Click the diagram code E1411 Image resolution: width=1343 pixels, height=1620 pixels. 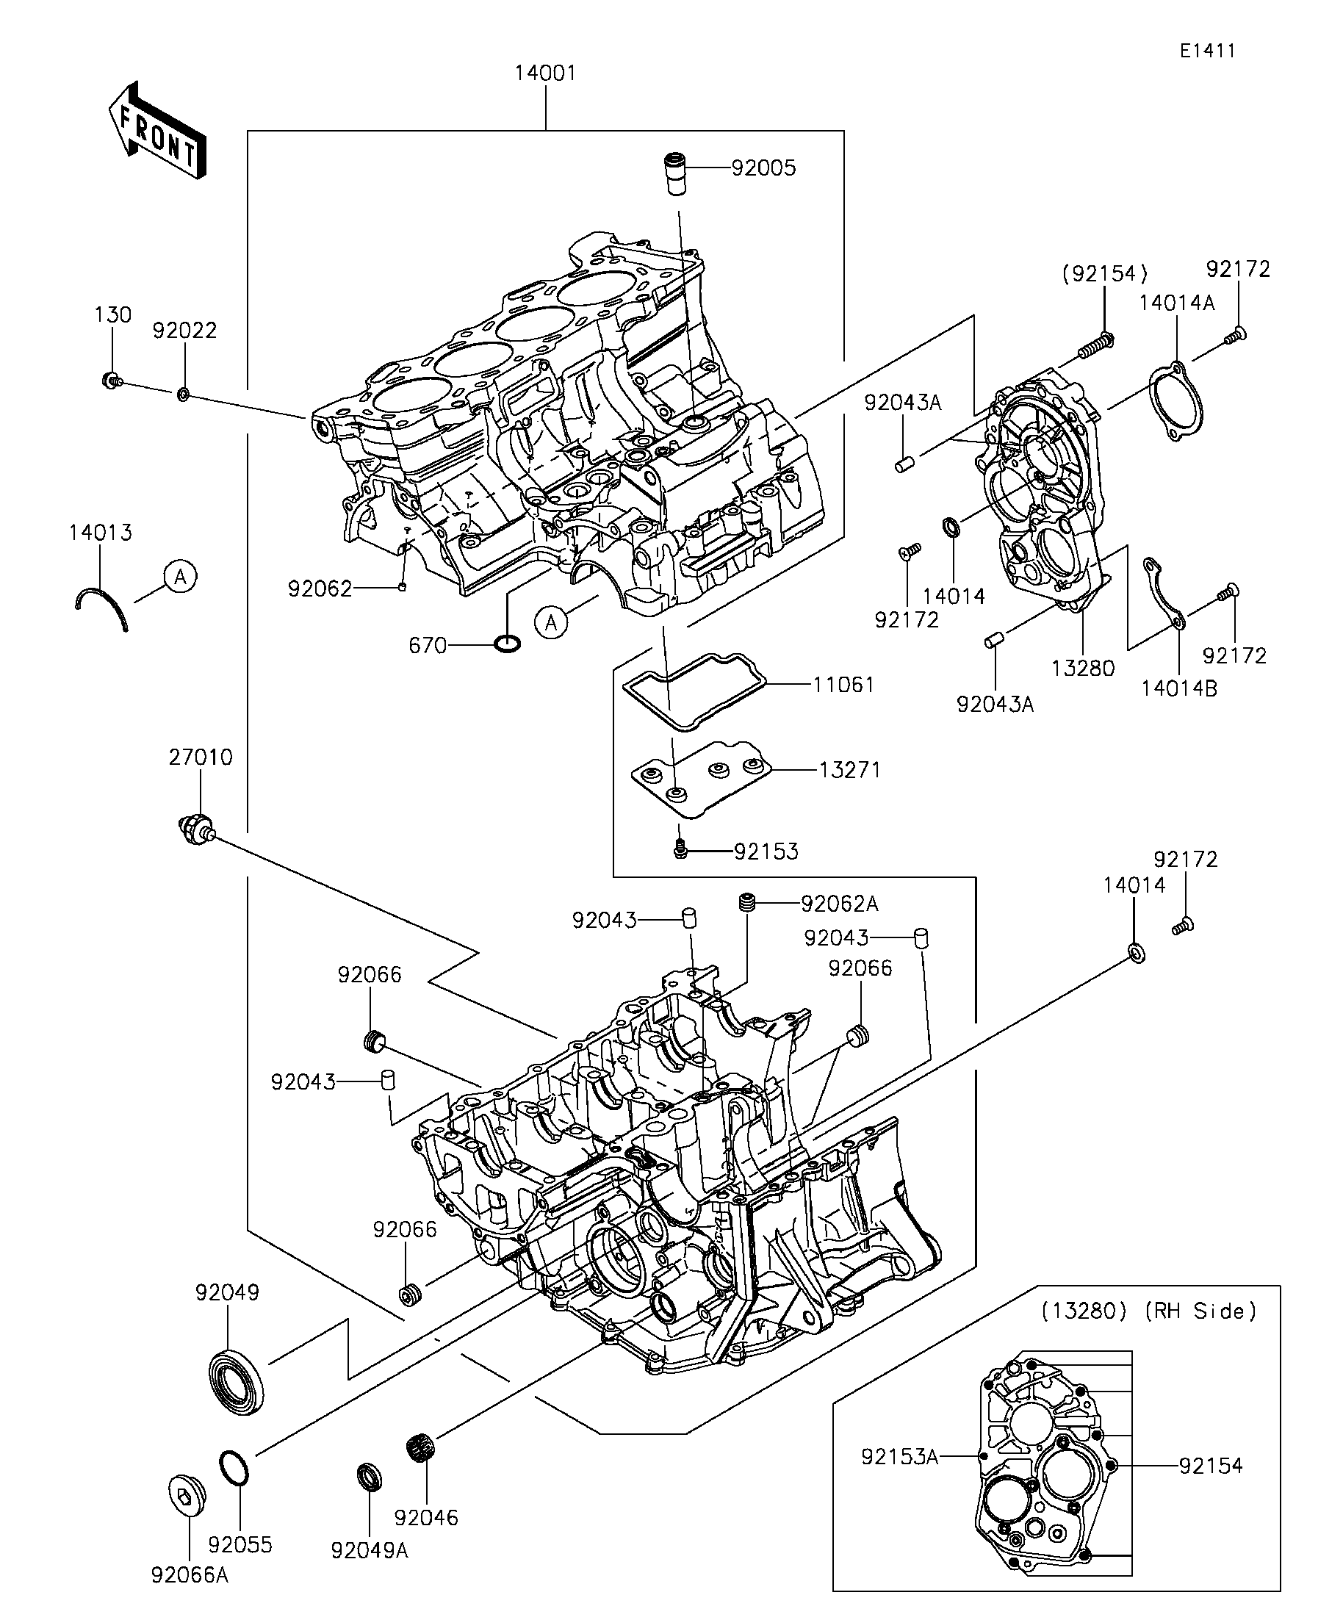tap(1207, 51)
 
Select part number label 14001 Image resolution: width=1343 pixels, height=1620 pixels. tap(545, 73)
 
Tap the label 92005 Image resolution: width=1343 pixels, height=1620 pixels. tap(763, 168)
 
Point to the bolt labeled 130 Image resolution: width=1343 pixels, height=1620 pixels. tap(112, 380)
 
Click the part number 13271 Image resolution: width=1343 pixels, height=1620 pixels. tap(849, 770)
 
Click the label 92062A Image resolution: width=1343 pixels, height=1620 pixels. tap(839, 904)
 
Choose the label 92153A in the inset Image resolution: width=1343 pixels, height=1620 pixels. tap(899, 1456)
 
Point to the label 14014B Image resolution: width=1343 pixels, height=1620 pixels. tap(1179, 689)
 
